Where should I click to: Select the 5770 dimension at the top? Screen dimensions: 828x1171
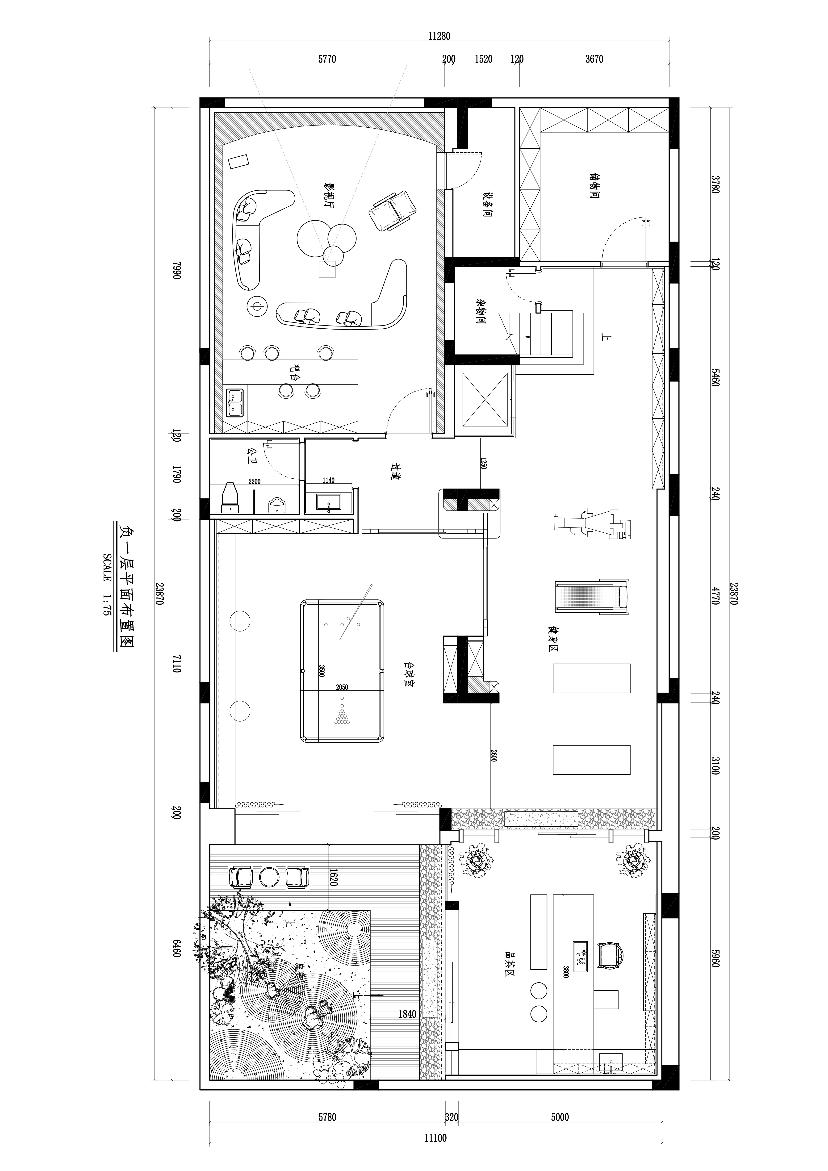327,59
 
